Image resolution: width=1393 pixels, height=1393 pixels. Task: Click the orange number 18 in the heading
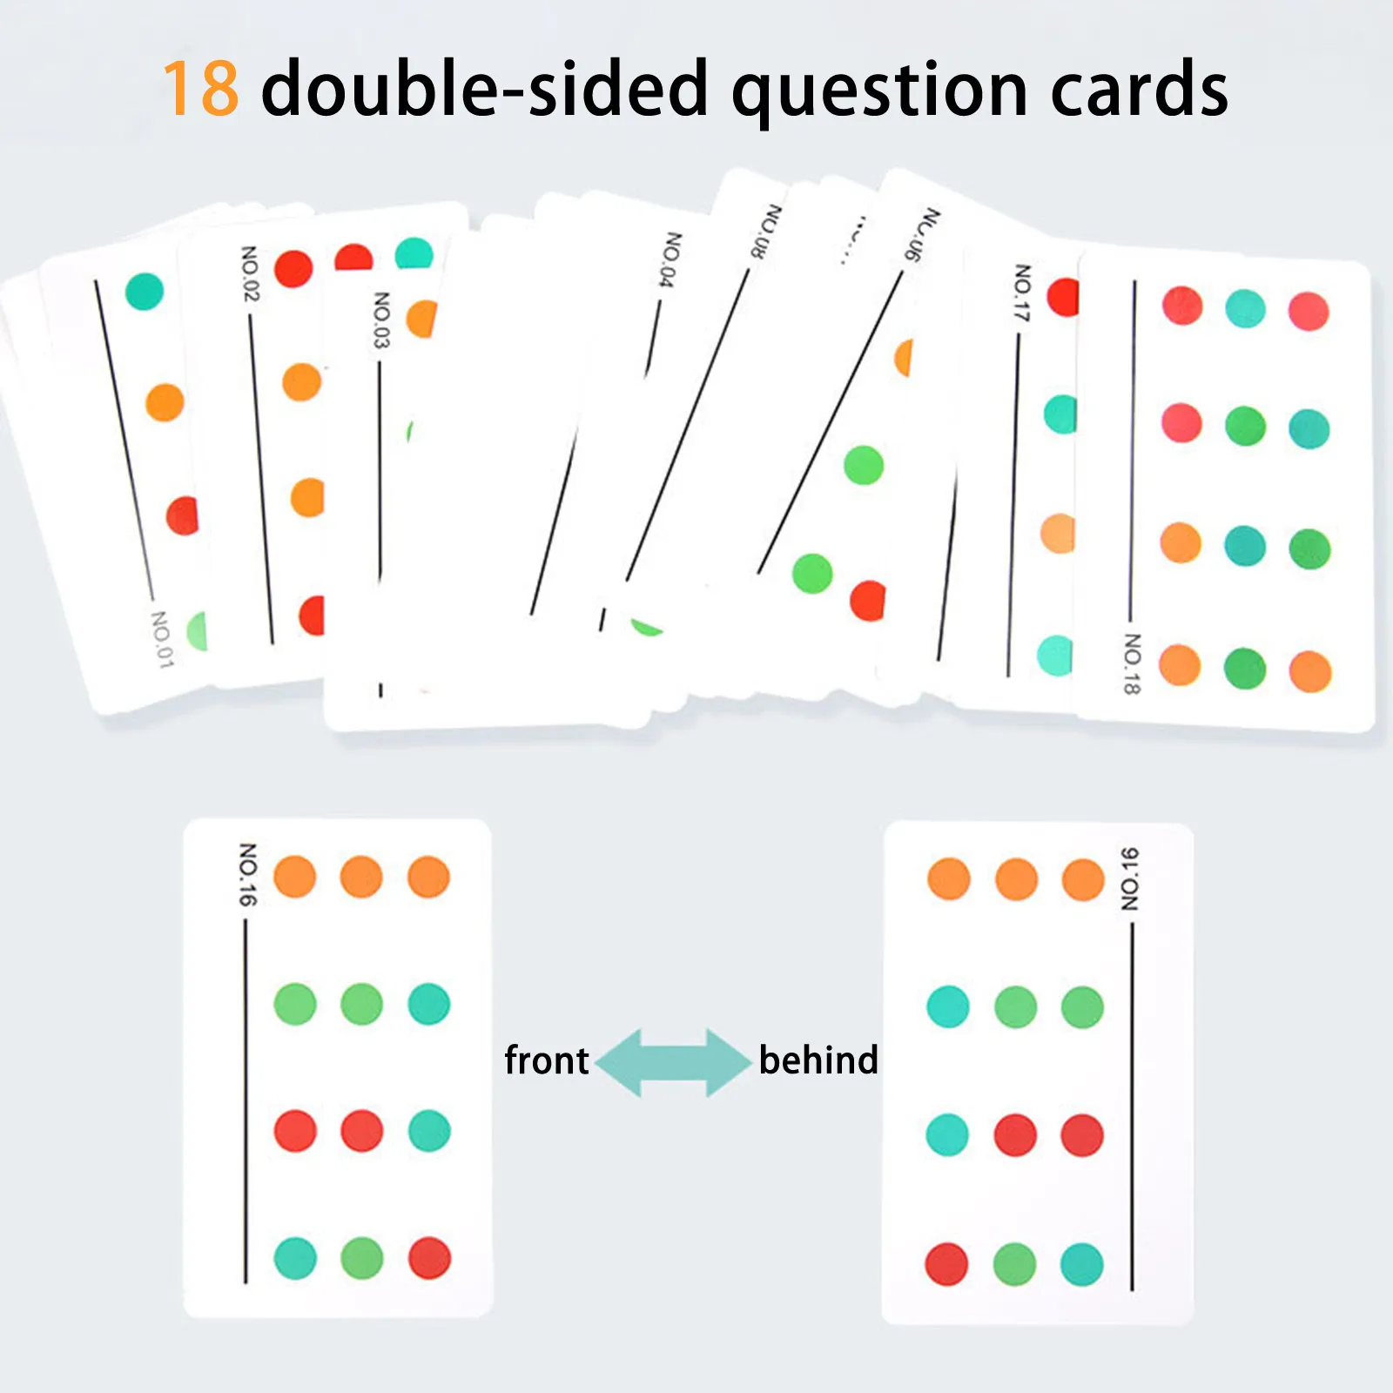pyautogui.click(x=201, y=89)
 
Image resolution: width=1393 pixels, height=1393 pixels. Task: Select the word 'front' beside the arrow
pyautogui.click(x=547, y=1061)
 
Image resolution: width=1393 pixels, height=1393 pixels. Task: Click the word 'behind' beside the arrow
pyautogui.click(x=818, y=1060)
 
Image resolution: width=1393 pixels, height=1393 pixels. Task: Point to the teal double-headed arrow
pyautogui.click(x=673, y=1062)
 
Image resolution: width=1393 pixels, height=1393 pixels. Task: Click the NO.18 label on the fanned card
pyautogui.click(x=1132, y=663)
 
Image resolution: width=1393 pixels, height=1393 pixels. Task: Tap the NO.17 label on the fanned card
pyautogui.click(x=1022, y=293)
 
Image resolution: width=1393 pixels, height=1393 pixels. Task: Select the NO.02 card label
pyautogui.click(x=250, y=273)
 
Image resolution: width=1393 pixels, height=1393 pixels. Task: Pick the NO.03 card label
pyautogui.click(x=381, y=320)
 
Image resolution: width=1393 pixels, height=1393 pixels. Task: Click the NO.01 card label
pyautogui.click(x=162, y=639)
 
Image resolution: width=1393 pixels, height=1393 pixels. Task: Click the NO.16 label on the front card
pyautogui.click(x=248, y=873)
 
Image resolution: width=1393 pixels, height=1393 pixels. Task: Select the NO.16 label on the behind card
pyautogui.click(x=1129, y=879)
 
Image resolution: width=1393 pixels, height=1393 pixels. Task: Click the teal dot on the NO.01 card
pyautogui.click(x=145, y=291)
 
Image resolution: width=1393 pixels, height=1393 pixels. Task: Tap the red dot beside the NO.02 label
pyautogui.click(x=293, y=269)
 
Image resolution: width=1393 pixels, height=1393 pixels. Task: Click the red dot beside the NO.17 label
pyautogui.click(x=1063, y=297)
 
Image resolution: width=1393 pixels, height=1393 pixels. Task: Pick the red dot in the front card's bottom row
pyautogui.click(x=429, y=1258)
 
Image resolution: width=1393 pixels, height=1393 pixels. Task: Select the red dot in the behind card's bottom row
pyautogui.click(x=946, y=1264)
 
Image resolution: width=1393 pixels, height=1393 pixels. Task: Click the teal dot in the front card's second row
pyautogui.click(x=429, y=1004)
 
